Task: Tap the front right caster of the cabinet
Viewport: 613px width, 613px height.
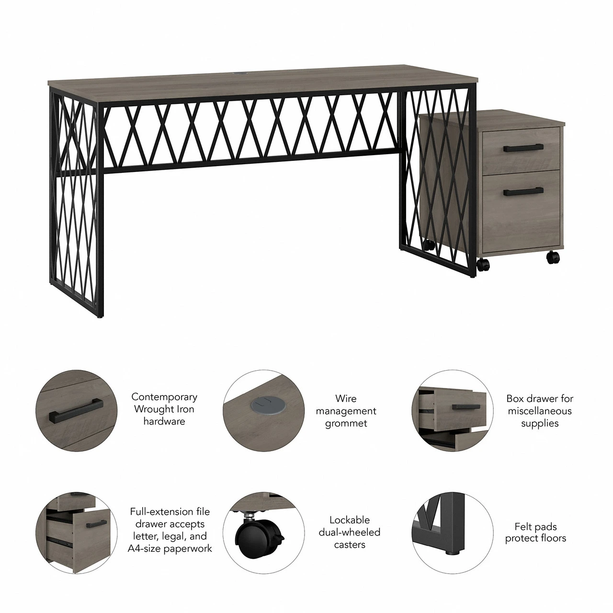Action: (x=553, y=257)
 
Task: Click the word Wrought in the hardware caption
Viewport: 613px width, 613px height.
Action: (x=153, y=409)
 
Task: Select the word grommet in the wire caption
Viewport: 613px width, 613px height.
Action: (x=346, y=423)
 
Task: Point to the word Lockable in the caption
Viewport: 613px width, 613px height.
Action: (x=350, y=520)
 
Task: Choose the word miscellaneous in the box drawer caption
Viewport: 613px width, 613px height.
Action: (x=540, y=411)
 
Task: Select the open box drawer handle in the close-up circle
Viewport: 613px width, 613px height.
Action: (x=465, y=407)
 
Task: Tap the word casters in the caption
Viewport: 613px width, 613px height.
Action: (x=350, y=545)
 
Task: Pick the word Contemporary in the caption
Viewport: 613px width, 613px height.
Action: (x=164, y=397)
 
